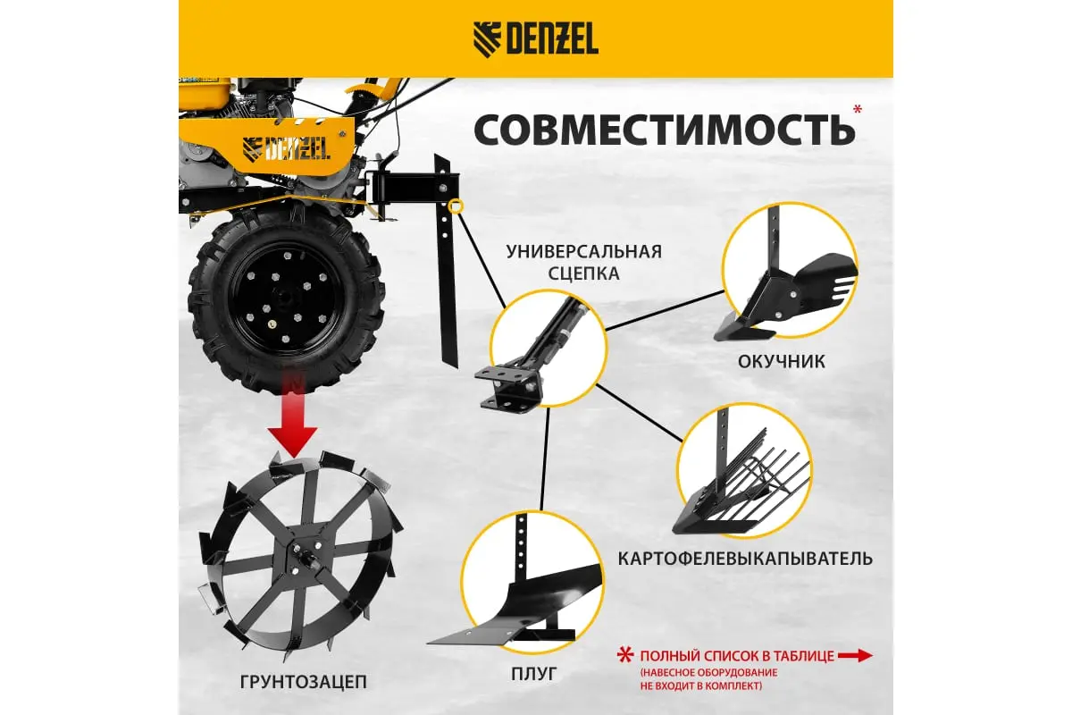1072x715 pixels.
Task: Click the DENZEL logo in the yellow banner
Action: (535, 39)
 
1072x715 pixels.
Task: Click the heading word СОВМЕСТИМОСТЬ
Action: (665, 130)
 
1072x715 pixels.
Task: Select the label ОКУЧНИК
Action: (781, 362)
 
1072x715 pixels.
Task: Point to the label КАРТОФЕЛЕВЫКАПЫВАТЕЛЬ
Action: (745, 559)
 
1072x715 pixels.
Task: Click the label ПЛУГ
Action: (533, 674)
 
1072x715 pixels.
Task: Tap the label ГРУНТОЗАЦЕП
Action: (304, 681)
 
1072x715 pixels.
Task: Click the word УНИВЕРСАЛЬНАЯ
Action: (584, 251)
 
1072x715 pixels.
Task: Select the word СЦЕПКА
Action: (584, 273)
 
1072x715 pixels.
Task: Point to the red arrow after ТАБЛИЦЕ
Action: (855, 656)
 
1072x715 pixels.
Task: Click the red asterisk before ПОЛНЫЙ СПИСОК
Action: (625, 655)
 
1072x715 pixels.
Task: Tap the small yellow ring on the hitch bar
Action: (456, 206)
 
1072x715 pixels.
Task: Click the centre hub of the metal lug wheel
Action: (303, 557)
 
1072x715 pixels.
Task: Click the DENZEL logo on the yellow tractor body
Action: (286, 148)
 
